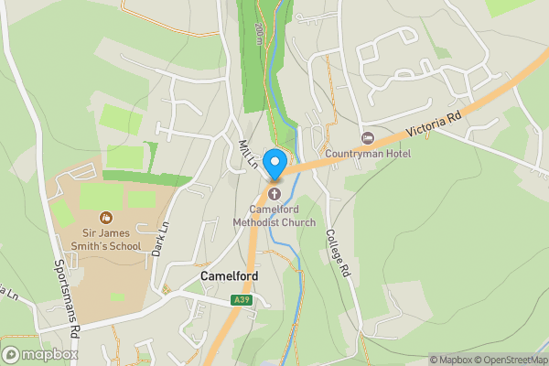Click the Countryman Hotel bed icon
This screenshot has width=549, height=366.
[x=368, y=138]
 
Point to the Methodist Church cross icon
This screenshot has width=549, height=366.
[x=274, y=194]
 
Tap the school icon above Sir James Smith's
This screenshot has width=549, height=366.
[x=106, y=218]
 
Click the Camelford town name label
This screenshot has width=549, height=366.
[x=230, y=276]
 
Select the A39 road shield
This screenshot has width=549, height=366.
[x=242, y=299]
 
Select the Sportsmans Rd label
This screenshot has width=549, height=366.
[x=67, y=295]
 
